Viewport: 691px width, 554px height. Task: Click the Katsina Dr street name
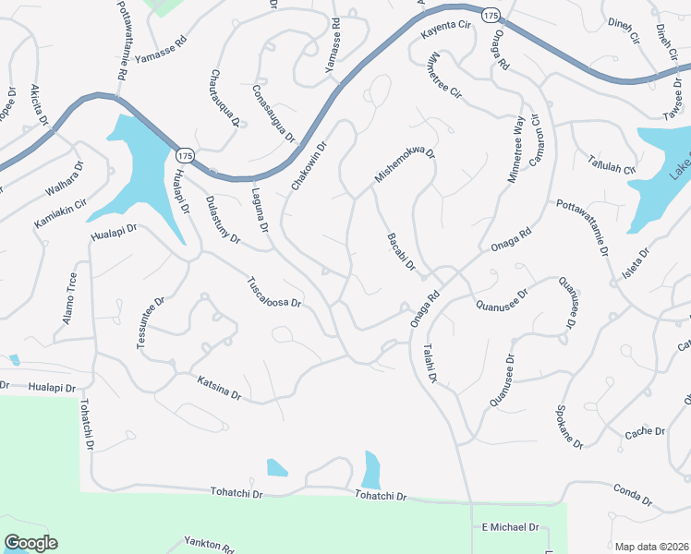[219, 387]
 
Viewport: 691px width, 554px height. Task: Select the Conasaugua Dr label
[273, 114]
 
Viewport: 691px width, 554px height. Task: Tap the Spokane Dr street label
[567, 427]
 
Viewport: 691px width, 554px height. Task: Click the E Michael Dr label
[510, 527]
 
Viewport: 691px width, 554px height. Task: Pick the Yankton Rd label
[209, 544]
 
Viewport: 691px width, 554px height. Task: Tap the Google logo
[30, 543]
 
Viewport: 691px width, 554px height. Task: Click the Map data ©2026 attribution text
[651, 547]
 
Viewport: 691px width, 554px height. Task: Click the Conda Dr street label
[634, 496]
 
